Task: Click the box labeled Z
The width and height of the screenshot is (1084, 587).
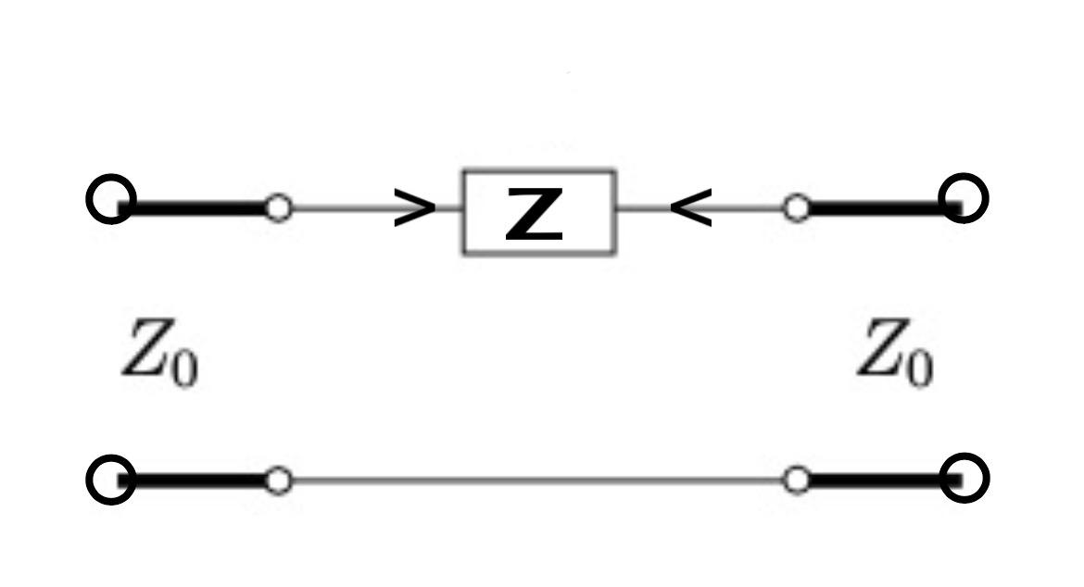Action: click(538, 211)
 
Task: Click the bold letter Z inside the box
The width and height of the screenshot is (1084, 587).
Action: click(535, 214)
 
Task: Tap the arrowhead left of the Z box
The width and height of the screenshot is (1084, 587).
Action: click(414, 209)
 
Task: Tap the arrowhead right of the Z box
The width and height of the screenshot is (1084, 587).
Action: click(691, 209)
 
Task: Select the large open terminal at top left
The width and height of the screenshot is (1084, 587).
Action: click(111, 199)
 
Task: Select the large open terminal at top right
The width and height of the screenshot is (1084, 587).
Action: click(964, 198)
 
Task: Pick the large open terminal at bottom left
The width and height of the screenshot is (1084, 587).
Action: click(111, 480)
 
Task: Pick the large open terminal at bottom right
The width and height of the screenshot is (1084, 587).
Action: click(964, 479)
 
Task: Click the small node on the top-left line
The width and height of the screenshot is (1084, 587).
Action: click(277, 207)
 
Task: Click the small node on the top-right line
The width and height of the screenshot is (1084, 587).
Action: click(796, 207)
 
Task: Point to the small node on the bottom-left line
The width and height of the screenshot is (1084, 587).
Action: click(277, 480)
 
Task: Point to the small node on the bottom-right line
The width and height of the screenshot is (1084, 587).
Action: click(796, 480)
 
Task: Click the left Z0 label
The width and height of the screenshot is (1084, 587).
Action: click(158, 351)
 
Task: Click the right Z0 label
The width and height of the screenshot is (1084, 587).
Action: click(893, 351)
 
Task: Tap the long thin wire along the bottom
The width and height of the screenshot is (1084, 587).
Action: click(537, 480)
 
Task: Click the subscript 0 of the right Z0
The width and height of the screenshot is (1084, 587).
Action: click(918, 369)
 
